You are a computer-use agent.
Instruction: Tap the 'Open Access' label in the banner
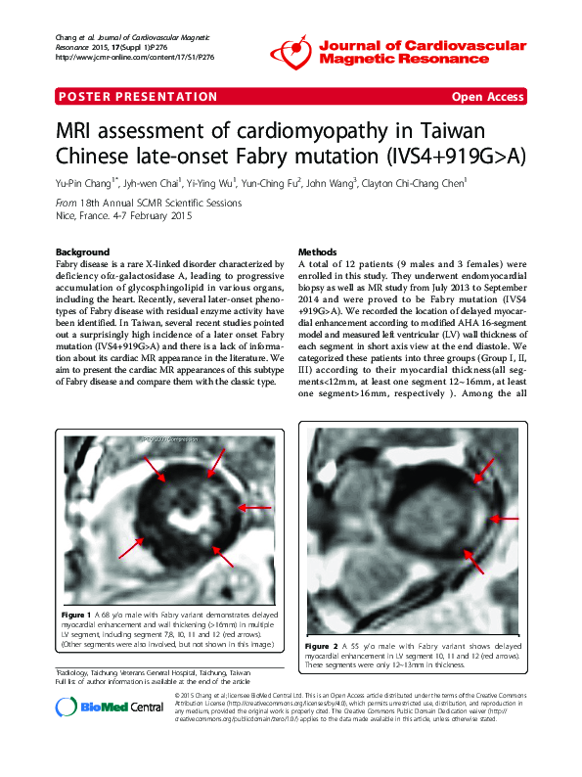point(487,97)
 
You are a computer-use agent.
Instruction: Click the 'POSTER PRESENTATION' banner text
point(138,97)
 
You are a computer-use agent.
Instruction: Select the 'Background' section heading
point(83,251)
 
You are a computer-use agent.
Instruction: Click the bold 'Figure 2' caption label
point(322,647)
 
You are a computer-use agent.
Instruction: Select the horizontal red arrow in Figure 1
point(255,508)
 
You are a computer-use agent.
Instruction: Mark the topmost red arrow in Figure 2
point(487,468)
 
